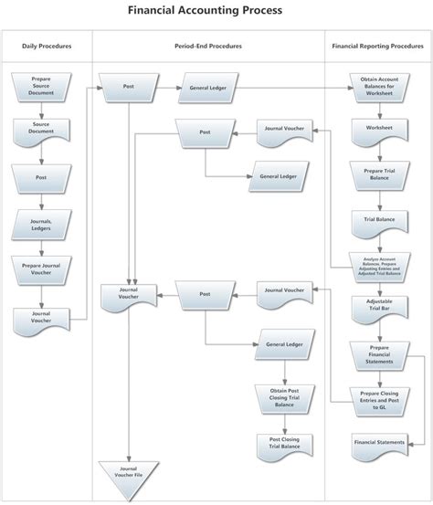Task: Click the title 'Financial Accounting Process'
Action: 216,11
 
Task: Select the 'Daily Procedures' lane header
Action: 47,45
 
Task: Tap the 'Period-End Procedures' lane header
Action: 208,45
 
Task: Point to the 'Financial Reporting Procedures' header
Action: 378,45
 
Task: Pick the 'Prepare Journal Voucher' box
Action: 41,269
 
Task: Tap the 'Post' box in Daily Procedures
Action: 41,177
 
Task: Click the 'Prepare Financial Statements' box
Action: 378,354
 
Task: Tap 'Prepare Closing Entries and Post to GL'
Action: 378,398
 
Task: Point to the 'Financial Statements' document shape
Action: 378,443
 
